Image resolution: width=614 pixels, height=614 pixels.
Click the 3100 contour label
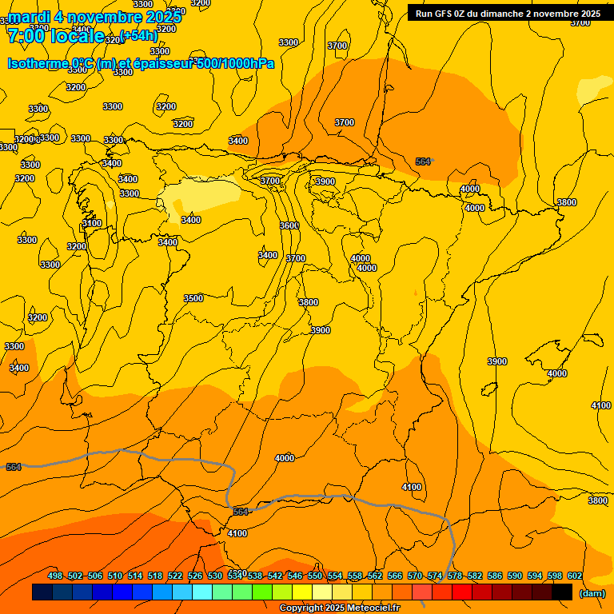(92, 223)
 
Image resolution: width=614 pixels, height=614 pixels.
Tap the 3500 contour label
(193, 298)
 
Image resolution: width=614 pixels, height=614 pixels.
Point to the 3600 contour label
(289, 225)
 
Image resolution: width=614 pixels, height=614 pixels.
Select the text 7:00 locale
(55, 36)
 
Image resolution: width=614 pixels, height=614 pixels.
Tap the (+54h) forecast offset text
(138, 35)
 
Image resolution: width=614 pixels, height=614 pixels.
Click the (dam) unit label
(592, 593)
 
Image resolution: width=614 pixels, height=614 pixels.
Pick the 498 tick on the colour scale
(55, 576)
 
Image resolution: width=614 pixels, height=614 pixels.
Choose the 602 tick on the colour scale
(575, 576)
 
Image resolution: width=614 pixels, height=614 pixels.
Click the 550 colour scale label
(315, 576)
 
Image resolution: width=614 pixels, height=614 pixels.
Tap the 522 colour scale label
(175, 576)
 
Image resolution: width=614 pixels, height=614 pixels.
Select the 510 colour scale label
(115, 576)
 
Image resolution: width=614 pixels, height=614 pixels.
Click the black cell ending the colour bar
(562, 592)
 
